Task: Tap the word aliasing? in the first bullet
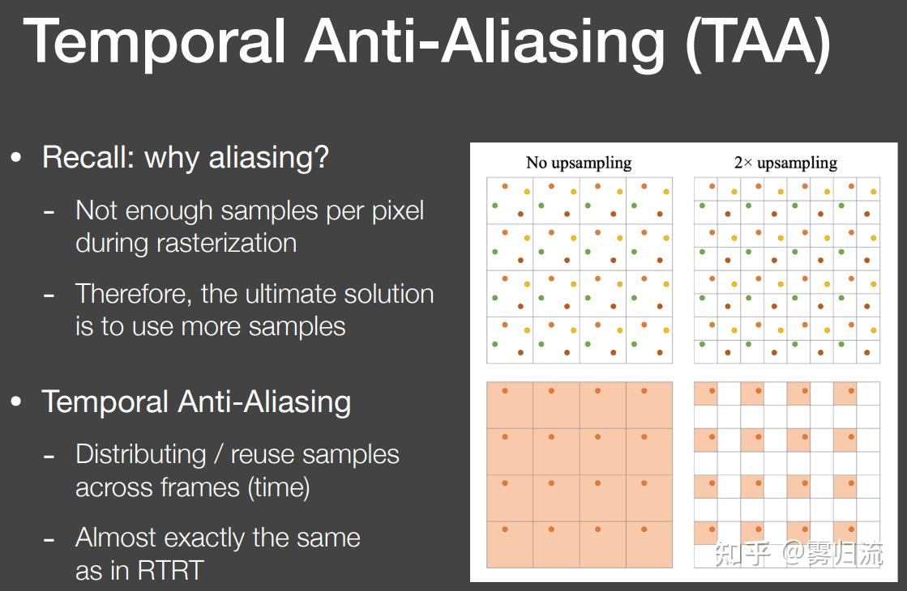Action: click(x=268, y=157)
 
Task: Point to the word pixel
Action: click(x=397, y=210)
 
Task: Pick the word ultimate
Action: click(x=290, y=294)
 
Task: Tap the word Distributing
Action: click(x=140, y=454)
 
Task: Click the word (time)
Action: click(x=279, y=487)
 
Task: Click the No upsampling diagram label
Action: click(x=579, y=164)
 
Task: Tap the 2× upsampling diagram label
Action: click(x=785, y=164)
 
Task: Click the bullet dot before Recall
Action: click(x=16, y=157)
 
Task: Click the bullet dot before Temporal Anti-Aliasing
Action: click(x=16, y=401)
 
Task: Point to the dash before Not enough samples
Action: click(x=49, y=212)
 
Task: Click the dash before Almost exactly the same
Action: click(x=49, y=540)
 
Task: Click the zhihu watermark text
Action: click(x=799, y=554)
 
